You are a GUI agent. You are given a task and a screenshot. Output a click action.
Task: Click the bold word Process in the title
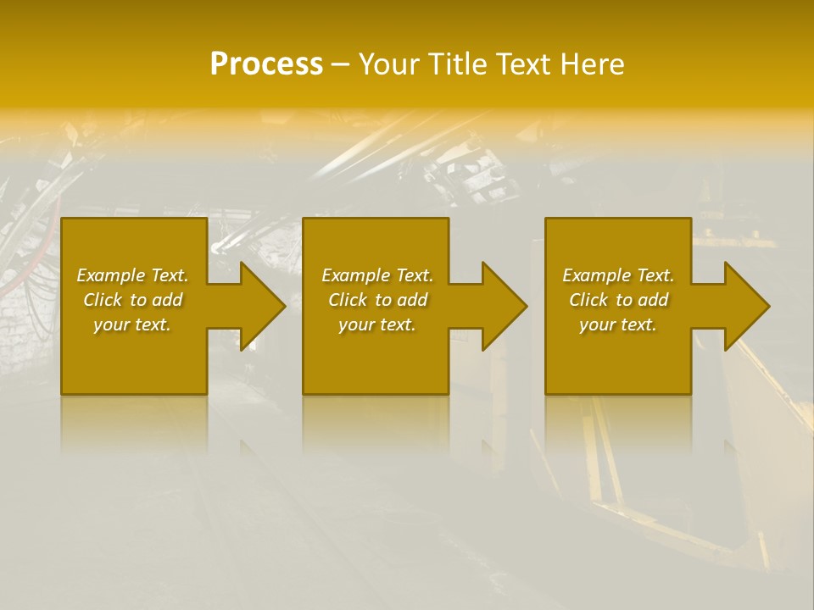(x=266, y=64)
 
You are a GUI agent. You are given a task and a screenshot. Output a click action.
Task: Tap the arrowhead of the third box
(x=745, y=306)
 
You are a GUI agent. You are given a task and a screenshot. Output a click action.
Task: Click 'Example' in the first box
(x=111, y=275)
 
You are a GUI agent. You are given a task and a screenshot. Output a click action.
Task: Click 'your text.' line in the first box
(x=132, y=324)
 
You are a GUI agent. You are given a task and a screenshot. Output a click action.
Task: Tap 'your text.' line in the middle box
(x=376, y=324)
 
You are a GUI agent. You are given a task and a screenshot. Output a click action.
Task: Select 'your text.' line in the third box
(x=618, y=324)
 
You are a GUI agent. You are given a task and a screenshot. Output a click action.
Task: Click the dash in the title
(x=340, y=64)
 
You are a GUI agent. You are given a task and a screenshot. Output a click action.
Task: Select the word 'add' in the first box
(x=166, y=300)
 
